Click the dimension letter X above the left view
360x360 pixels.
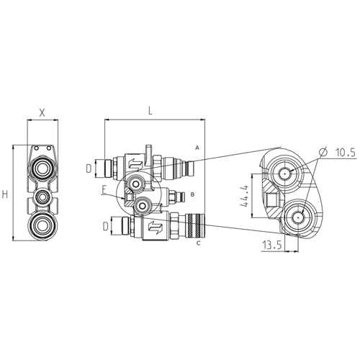[x=42, y=112]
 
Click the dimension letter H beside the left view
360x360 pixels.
[x=5, y=194]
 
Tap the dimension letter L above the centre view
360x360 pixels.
[x=150, y=111]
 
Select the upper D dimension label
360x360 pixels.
[x=89, y=168]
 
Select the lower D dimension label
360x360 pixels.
[x=106, y=226]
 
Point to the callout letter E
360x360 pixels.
[x=104, y=190]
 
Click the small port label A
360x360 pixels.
[x=197, y=148]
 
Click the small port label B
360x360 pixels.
[x=192, y=194]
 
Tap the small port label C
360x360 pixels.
[x=198, y=243]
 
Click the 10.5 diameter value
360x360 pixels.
[x=346, y=153]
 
